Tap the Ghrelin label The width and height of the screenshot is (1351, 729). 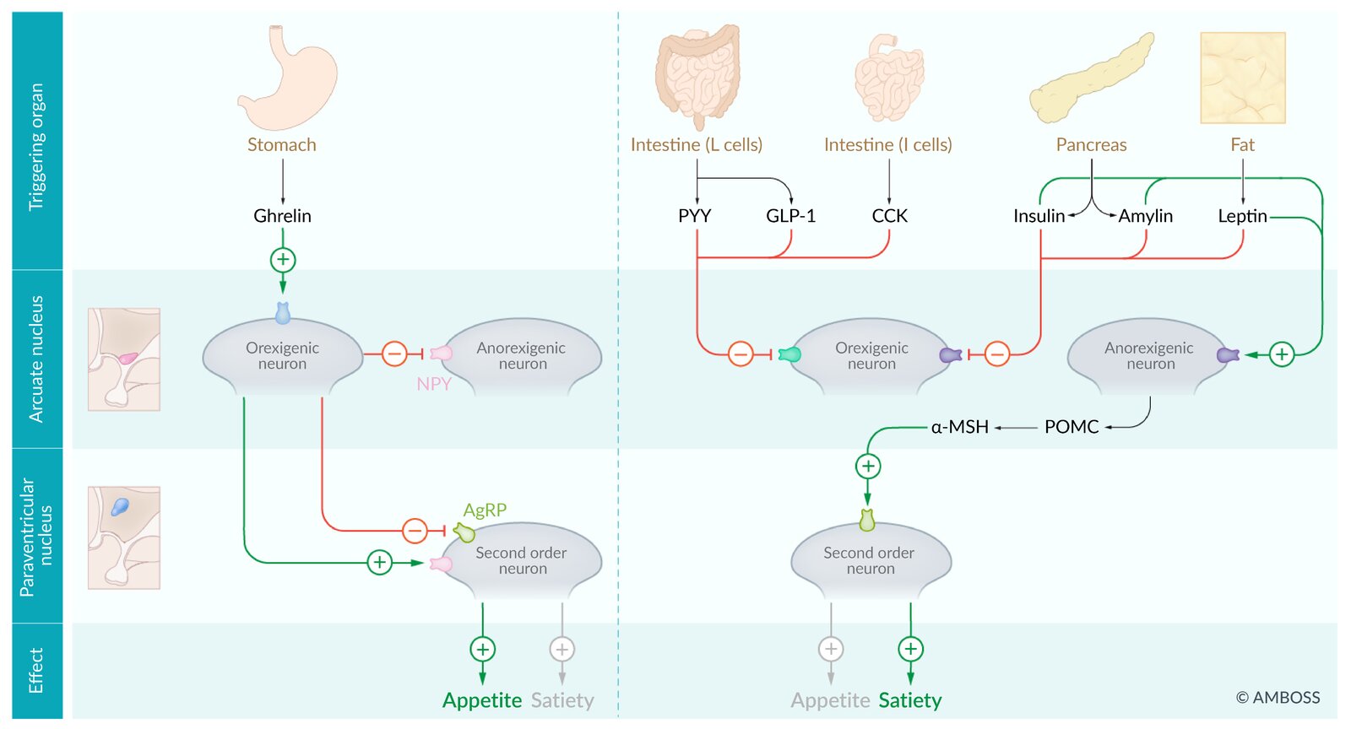tap(282, 216)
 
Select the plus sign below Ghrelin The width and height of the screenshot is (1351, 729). tap(283, 260)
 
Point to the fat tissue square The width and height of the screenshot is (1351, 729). tap(1242, 78)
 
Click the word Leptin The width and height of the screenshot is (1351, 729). tap(1242, 216)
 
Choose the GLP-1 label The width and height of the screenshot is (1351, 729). tap(790, 216)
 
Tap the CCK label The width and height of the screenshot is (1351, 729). tap(889, 216)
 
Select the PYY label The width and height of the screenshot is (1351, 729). tap(694, 216)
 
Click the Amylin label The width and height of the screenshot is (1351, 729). tap(1146, 216)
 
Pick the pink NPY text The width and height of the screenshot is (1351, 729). tap(434, 384)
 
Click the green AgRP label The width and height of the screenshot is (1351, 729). tap(485, 510)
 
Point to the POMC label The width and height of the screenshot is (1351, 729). tap(1072, 427)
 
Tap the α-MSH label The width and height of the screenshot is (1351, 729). tap(959, 427)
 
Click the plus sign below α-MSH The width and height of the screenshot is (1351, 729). tap(868, 466)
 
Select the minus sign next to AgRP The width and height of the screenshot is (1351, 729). tap(415, 531)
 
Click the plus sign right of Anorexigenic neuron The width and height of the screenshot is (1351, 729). tap(1282, 354)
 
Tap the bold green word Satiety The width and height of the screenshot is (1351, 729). tap(909, 700)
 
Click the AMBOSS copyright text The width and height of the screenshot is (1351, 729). tap(1278, 698)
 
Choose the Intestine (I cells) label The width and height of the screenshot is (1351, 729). tap(887, 145)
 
